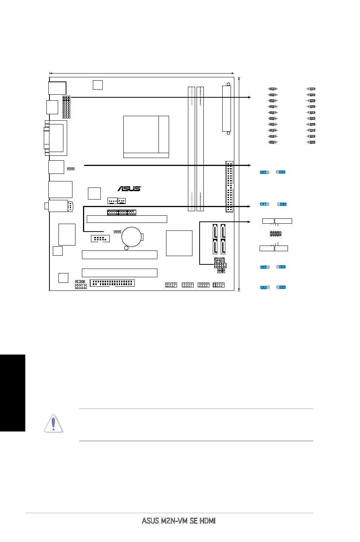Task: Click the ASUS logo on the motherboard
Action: click(x=129, y=189)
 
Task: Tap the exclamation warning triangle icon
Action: click(x=54, y=424)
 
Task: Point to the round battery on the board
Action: click(x=131, y=237)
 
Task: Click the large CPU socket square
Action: click(x=146, y=137)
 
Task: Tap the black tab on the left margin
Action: click(x=12, y=393)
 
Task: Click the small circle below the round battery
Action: click(x=126, y=248)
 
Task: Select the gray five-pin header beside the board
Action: click(x=275, y=234)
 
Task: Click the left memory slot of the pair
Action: click(x=191, y=149)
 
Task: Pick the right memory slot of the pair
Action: click(x=200, y=149)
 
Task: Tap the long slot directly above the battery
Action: click(x=127, y=219)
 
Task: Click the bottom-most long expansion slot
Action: click(x=120, y=273)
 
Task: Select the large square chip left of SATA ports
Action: click(x=179, y=243)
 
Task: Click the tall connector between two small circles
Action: click(x=227, y=109)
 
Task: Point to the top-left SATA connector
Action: click(x=215, y=231)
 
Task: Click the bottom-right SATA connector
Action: click(x=223, y=247)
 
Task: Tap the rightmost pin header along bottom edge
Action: click(x=218, y=285)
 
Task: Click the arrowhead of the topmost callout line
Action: click(x=249, y=97)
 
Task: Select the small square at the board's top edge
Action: click(x=98, y=85)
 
